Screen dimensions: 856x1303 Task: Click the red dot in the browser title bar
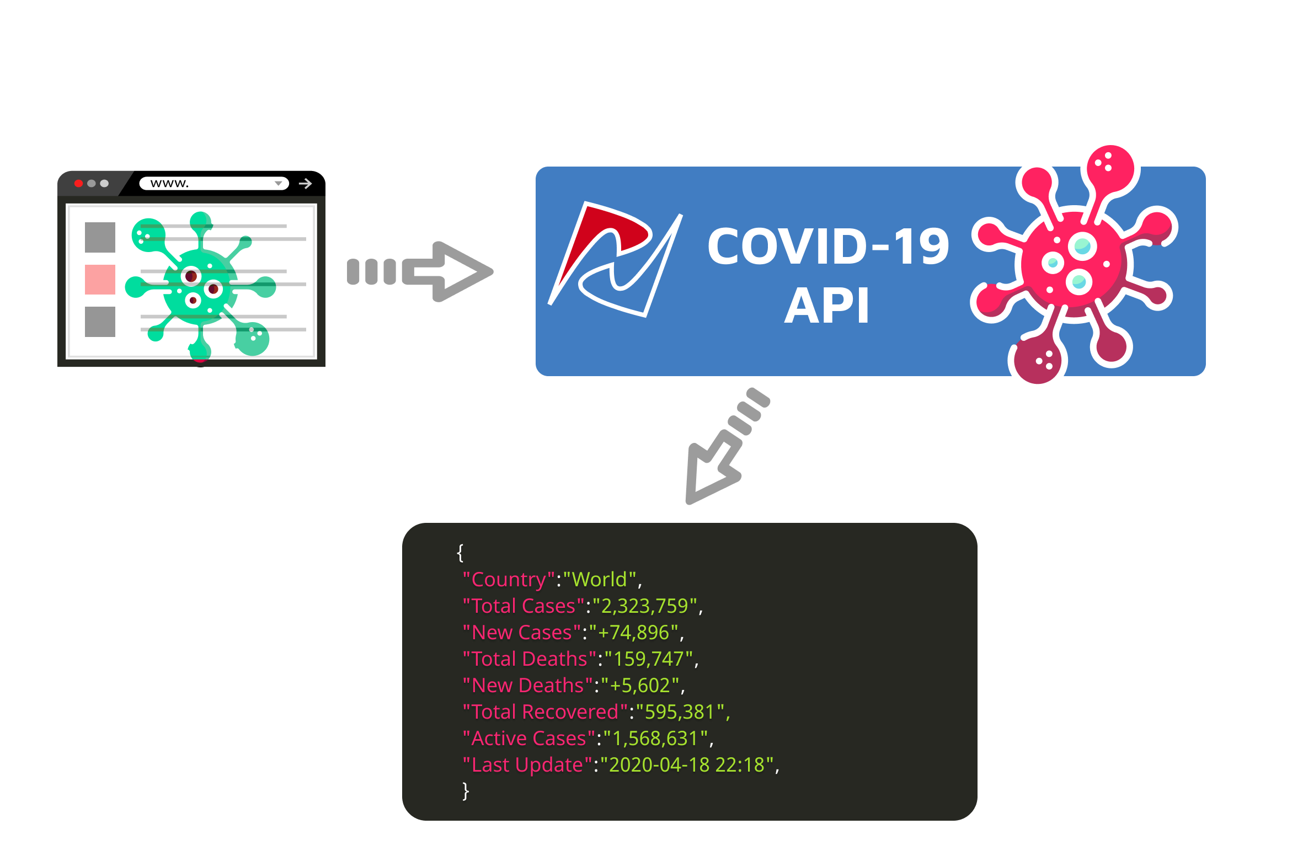click(78, 184)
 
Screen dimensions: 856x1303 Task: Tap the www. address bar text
click(169, 184)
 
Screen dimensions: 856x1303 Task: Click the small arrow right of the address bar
click(305, 184)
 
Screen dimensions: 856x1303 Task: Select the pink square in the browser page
click(100, 280)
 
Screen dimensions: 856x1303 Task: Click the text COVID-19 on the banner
click(828, 247)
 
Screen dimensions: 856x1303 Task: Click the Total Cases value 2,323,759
click(645, 606)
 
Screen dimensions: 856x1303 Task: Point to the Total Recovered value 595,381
click(680, 712)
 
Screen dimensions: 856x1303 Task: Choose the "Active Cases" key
click(529, 739)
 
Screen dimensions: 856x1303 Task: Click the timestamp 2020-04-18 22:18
click(687, 765)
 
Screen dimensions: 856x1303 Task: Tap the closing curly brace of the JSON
click(466, 791)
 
